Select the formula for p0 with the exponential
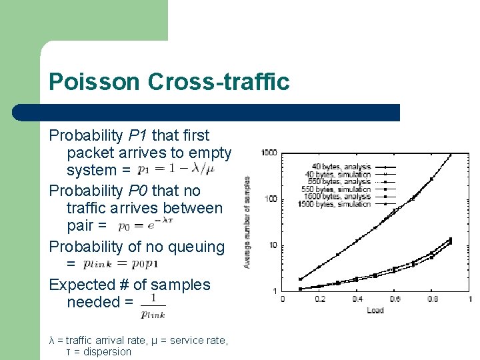[145, 225]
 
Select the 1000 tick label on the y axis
[269, 153]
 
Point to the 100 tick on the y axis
[271, 199]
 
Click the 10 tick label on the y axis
[273, 245]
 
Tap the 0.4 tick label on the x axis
[357, 299]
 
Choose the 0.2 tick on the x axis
[320, 299]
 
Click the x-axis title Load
[375, 310]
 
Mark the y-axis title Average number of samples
[247, 222]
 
